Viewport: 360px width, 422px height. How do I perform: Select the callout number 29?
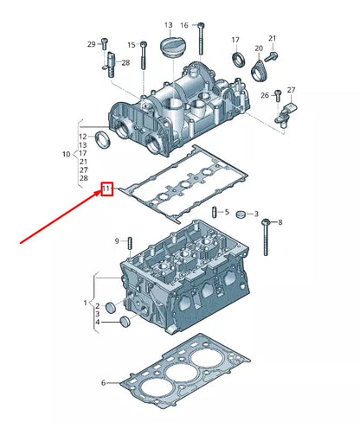pos(91,44)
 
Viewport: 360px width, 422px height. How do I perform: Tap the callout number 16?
pos(183,26)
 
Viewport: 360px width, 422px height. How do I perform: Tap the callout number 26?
pos(265,94)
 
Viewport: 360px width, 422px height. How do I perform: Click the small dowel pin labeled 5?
pos(214,213)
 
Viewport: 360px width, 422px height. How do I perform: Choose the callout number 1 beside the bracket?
pos(85,303)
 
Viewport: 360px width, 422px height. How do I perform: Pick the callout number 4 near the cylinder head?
pos(99,323)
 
